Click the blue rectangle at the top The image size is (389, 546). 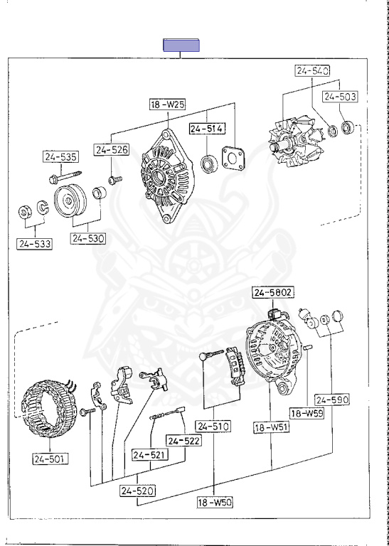tap(181, 45)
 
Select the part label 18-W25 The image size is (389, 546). tap(168, 104)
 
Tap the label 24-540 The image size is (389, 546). tap(313, 70)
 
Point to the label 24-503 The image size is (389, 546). tap(340, 97)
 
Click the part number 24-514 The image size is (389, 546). tap(207, 129)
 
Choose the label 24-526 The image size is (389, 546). tap(112, 150)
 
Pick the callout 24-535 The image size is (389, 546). tap(61, 156)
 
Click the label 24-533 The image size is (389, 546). tap(34, 244)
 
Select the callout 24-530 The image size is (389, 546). tap(87, 239)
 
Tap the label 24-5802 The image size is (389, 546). tap(272, 292)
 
